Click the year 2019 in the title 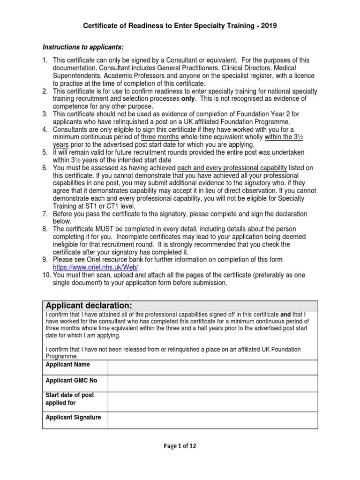268,26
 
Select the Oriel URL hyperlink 96,267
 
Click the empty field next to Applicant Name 212,367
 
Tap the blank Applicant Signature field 212,420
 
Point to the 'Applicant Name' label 67,365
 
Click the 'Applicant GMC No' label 71,380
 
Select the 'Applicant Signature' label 73,417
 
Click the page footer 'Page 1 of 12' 180,446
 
